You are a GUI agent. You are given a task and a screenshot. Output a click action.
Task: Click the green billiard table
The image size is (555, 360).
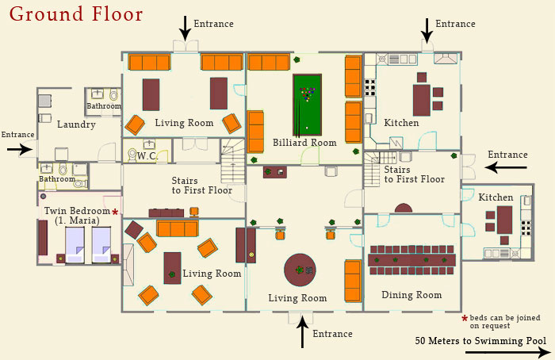tap(308, 105)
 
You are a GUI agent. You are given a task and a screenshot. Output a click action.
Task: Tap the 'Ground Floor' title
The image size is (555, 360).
tap(76, 14)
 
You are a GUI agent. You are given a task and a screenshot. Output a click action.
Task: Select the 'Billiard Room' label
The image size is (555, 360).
tap(304, 143)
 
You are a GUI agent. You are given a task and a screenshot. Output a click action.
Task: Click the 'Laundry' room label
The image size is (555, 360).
tap(76, 124)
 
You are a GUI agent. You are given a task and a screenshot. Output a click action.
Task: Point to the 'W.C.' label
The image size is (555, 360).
tap(147, 156)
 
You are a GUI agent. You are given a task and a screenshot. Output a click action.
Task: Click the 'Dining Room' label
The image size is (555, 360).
tap(411, 295)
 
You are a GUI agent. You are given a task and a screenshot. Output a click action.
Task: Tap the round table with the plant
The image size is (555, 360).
tap(300, 270)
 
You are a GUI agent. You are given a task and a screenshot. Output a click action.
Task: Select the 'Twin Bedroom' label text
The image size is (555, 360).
tap(77, 211)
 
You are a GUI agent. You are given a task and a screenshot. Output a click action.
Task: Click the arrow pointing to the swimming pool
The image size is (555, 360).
tap(508, 352)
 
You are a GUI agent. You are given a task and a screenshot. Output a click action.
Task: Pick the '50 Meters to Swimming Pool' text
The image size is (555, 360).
tap(480, 341)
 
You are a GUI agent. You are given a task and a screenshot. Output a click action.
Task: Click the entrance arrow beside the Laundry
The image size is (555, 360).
tap(20, 149)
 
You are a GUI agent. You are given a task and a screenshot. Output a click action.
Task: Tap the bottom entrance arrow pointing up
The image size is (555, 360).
tap(302, 332)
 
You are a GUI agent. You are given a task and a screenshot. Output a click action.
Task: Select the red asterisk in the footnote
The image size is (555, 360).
tap(465, 318)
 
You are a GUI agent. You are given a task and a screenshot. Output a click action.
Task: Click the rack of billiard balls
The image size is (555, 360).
tap(307, 94)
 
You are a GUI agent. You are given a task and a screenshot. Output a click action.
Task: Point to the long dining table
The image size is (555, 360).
tap(411, 260)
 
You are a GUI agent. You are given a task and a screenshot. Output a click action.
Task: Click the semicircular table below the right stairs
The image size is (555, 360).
tap(404, 209)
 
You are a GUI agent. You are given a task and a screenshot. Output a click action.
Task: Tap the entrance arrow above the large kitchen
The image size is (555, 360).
tap(427, 31)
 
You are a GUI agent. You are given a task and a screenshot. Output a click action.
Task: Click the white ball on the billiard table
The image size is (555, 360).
tap(307, 128)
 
